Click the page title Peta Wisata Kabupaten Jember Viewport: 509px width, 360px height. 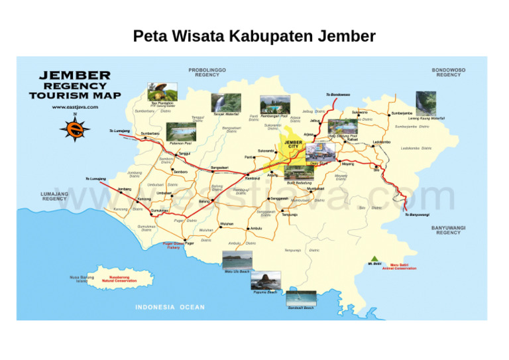click(254, 36)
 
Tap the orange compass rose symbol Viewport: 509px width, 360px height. click(75, 128)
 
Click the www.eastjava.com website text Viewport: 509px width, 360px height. click(75, 106)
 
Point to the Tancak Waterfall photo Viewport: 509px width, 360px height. click(227, 103)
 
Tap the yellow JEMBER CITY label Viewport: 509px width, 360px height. click(294, 145)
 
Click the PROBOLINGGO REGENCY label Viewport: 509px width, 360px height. click(207, 72)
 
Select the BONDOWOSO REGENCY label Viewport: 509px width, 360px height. click(449, 72)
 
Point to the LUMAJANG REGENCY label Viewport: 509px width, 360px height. click(54, 196)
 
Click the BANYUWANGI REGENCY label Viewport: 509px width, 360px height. click(449, 230)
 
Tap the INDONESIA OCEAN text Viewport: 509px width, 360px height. click(170, 307)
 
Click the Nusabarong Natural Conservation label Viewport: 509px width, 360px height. click(119, 279)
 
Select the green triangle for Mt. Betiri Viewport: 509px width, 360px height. click(375, 258)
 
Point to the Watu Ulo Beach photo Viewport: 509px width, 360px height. click(237, 260)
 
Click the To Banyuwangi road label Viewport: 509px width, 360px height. click(417, 215)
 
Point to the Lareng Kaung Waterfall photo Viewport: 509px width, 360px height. click(426, 103)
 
